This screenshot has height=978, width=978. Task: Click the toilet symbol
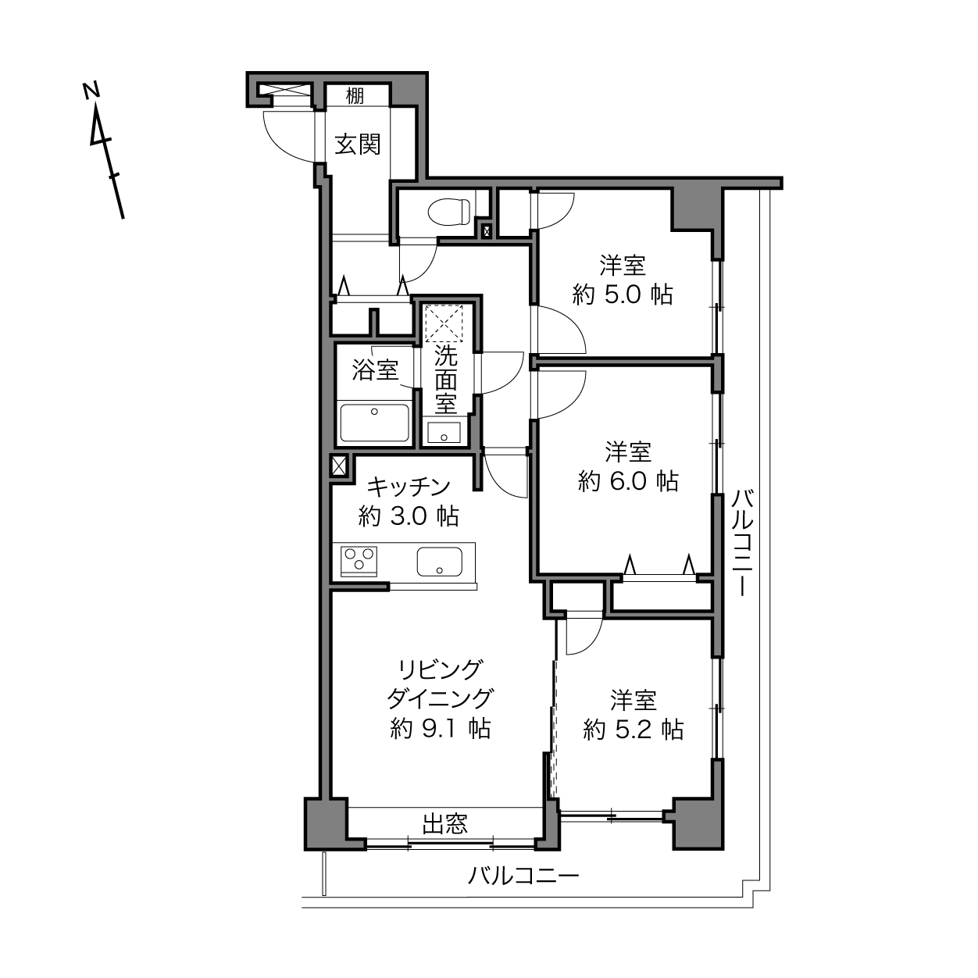(x=449, y=212)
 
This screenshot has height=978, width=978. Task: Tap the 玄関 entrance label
(x=357, y=145)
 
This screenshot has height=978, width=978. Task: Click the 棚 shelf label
(x=355, y=95)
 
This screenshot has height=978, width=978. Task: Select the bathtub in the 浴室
(x=374, y=423)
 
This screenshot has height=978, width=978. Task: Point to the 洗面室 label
(x=445, y=380)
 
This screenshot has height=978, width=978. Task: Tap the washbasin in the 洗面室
(x=444, y=433)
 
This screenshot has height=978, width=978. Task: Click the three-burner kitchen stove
(x=359, y=562)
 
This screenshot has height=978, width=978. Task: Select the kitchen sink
(x=440, y=562)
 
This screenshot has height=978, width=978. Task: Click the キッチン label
(x=409, y=487)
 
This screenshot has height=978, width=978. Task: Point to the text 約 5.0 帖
(x=623, y=294)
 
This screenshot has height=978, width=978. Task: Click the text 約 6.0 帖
(x=628, y=481)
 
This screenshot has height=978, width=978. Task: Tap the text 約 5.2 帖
(x=633, y=730)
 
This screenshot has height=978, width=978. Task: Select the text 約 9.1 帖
(x=440, y=729)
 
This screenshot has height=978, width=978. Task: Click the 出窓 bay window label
(x=445, y=824)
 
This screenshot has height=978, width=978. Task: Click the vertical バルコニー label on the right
(x=743, y=542)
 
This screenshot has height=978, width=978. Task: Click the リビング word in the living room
(x=440, y=670)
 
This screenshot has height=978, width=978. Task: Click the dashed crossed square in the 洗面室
(x=444, y=323)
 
